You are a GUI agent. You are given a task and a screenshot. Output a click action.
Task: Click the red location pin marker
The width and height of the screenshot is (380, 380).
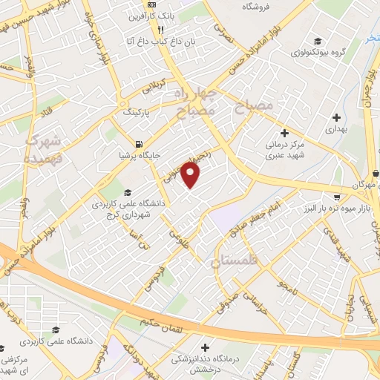tap(191, 175)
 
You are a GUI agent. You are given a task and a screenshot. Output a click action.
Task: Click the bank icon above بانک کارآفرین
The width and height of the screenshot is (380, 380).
tap(153, 5)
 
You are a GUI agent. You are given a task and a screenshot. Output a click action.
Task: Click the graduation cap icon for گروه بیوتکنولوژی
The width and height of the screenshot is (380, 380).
tap(318, 42)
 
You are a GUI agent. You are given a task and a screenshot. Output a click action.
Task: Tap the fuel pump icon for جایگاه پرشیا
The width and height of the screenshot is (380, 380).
tap(138, 144)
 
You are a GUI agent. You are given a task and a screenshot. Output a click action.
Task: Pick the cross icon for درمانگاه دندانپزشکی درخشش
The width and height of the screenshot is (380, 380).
tap(206, 347)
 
